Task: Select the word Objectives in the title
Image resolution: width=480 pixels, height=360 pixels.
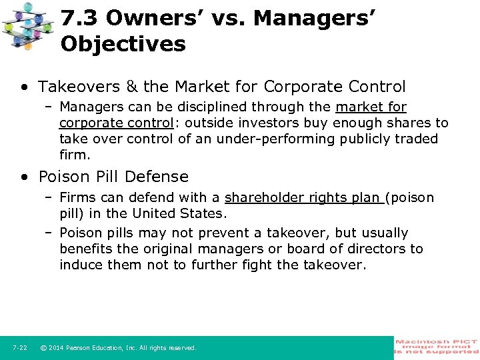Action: click(123, 44)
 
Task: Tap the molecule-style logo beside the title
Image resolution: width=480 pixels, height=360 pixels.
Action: click(29, 27)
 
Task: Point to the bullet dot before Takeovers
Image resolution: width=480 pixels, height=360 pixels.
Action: click(25, 87)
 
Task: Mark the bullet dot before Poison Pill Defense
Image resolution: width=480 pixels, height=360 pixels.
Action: click(25, 177)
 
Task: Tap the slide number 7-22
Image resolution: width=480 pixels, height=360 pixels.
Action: click(19, 348)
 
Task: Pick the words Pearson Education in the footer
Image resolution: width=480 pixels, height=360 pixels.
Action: click(95, 348)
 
